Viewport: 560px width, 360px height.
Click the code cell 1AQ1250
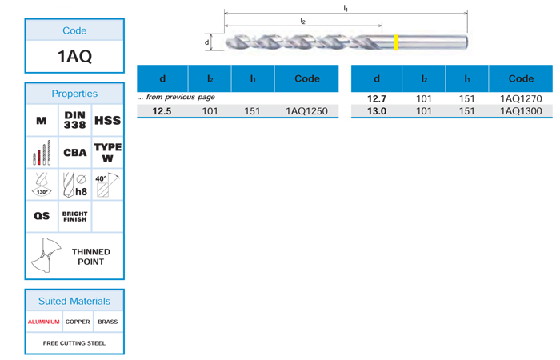click(x=306, y=111)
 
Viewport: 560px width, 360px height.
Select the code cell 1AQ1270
click(x=521, y=98)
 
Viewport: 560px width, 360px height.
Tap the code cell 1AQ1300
click(x=521, y=111)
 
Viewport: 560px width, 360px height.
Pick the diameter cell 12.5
click(x=162, y=111)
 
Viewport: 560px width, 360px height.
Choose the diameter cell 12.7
click(x=376, y=98)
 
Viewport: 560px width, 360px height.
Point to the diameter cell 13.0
click(x=376, y=111)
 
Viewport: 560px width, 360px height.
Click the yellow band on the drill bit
click(x=396, y=42)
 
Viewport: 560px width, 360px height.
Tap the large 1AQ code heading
click(x=74, y=57)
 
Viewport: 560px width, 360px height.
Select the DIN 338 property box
click(x=74, y=120)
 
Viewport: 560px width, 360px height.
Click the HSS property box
click(x=108, y=120)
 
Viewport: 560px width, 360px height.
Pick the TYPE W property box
click(x=108, y=152)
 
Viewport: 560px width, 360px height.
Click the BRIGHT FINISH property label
click(x=74, y=217)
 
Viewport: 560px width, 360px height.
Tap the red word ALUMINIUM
click(x=44, y=322)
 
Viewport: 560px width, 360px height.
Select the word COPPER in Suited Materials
click(x=78, y=322)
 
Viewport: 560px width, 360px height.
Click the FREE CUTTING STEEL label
click(x=74, y=343)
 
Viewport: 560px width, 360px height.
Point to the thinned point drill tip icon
click(x=45, y=255)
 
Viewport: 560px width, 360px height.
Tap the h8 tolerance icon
click(x=74, y=185)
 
